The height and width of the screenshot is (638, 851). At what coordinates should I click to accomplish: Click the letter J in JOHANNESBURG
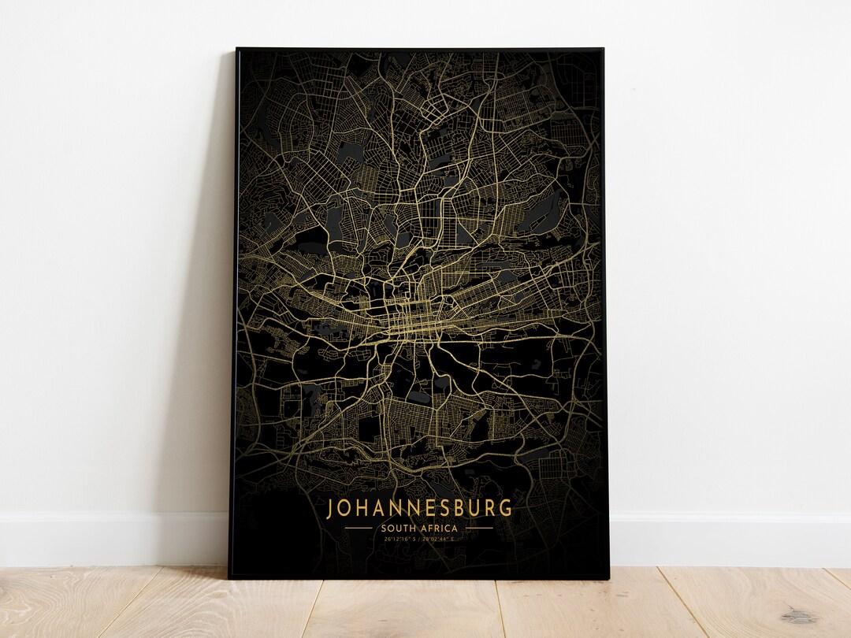click(331, 508)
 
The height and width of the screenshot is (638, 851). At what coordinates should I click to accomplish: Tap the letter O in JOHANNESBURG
click(346, 508)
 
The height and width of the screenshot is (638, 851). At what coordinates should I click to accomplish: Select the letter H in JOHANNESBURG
click(363, 508)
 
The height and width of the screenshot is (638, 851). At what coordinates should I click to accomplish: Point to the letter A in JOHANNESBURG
click(380, 508)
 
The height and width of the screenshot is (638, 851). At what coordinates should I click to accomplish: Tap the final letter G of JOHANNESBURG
click(505, 508)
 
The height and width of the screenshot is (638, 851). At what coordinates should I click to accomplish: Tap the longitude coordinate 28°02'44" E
click(438, 540)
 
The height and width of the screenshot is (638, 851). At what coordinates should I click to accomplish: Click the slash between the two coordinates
click(419, 540)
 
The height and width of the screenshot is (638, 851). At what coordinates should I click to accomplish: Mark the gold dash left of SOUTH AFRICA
click(359, 528)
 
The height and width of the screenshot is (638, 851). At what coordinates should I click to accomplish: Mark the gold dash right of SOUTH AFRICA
click(479, 528)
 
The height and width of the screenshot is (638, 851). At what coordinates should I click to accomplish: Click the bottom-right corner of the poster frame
click(609, 578)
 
